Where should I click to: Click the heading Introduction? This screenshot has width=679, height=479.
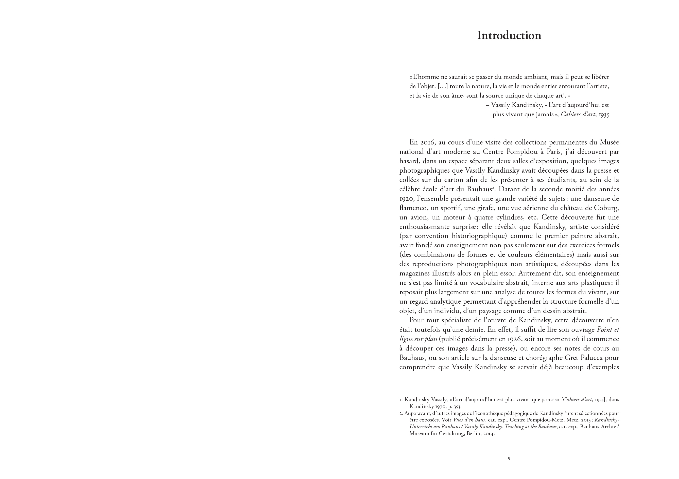[x=509, y=35]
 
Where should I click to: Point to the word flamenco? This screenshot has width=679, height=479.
[x=413, y=208]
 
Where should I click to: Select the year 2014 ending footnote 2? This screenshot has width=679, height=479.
[x=489, y=434]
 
